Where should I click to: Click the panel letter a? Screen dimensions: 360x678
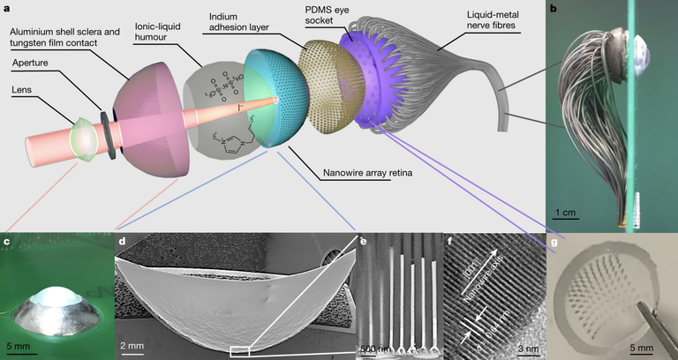[6, 7]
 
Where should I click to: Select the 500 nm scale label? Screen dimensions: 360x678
[373, 348]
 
